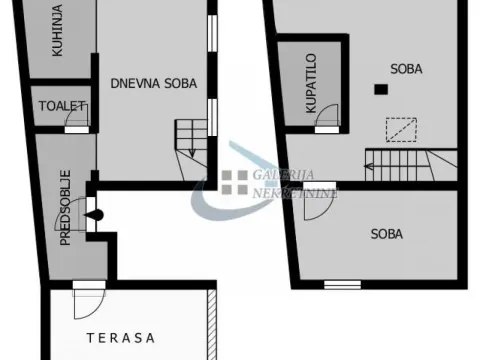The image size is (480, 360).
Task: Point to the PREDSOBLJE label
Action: click(x=65, y=212)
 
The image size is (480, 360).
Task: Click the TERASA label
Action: click(x=120, y=337)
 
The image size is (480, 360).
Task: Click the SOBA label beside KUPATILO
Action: click(x=405, y=70)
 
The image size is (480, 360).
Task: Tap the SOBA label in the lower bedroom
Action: click(x=386, y=234)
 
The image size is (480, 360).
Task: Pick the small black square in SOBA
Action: click(x=380, y=90)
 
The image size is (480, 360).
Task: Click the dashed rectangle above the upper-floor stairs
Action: click(x=402, y=130)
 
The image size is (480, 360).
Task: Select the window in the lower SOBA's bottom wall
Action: click(x=342, y=284)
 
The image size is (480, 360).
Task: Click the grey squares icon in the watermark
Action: click(x=234, y=181)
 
